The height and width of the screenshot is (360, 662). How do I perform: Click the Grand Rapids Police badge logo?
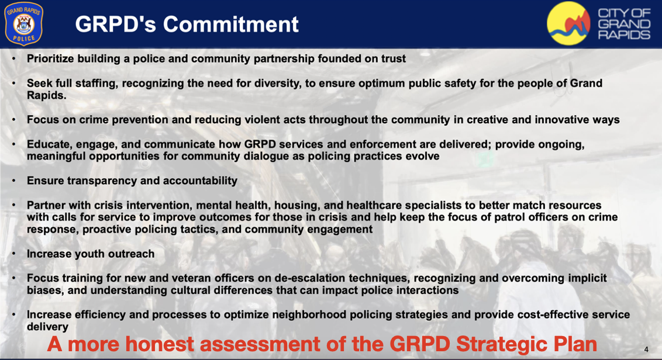pyautogui.click(x=23, y=23)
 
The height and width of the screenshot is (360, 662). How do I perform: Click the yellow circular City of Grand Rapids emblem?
pyautogui.click(x=568, y=23)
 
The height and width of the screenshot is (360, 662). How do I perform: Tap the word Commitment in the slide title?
pyautogui.click(x=231, y=24)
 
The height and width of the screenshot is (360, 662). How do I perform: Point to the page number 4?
pyautogui.click(x=646, y=349)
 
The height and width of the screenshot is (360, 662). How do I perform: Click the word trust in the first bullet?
pyautogui.click(x=394, y=58)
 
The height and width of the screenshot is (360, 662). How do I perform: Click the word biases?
pyautogui.click(x=44, y=291)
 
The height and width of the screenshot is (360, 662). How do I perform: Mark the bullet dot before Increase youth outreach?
pyautogui.click(x=14, y=254)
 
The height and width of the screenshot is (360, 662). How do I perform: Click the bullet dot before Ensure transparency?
pyautogui.click(x=14, y=181)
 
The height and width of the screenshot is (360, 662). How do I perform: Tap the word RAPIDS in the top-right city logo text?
pyautogui.click(x=624, y=34)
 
